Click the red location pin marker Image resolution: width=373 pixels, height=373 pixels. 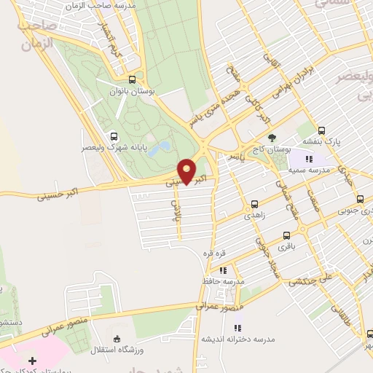[186, 171]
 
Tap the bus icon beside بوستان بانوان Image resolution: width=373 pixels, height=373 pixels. [132, 80]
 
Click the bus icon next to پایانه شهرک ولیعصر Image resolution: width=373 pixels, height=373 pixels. [112, 136]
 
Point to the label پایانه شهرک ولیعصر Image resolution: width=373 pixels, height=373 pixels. [114, 147]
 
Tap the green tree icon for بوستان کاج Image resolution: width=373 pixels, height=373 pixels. [272, 136]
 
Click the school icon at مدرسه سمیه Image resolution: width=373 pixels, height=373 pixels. [309, 159]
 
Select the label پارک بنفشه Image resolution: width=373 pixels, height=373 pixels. [324, 136]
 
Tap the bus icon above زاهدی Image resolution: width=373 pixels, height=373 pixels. [254, 205]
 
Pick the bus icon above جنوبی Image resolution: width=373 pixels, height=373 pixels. [360, 200]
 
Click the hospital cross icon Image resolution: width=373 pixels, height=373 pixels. [32, 361]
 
